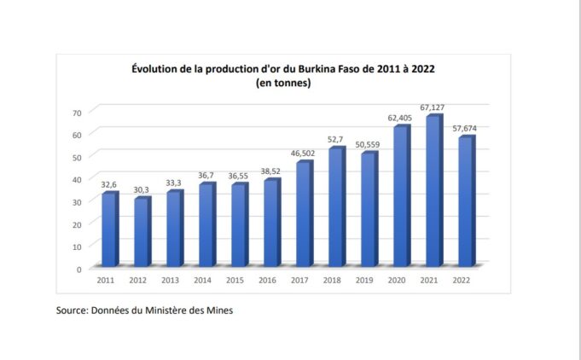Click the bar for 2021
pyautogui.click(x=433, y=191)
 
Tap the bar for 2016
pyautogui.click(x=271, y=223)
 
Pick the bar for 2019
pyautogui.click(x=369, y=209)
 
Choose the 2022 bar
pyautogui.click(x=466, y=201)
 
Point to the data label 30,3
pyautogui.click(x=142, y=189)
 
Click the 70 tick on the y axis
pyautogui.click(x=77, y=113)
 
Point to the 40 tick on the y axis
pyautogui.click(x=77, y=179)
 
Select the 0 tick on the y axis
pyautogui.click(x=79, y=269)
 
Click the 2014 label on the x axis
pyautogui.click(x=203, y=280)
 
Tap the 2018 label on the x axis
pyautogui.click(x=333, y=280)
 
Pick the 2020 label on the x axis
pyautogui.click(x=398, y=280)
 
